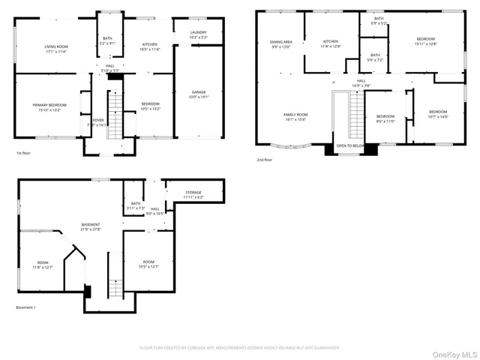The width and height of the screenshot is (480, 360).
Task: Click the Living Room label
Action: point(56,49)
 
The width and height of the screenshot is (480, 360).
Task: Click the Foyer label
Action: point(98,121)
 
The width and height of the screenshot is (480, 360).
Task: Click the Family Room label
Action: point(295,117)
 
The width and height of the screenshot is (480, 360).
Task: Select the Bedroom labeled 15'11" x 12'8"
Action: point(425,41)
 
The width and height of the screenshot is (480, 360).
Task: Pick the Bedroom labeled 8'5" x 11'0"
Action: point(385,118)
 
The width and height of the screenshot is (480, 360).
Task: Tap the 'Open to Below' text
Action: point(351,145)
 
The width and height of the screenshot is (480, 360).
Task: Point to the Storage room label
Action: point(193,195)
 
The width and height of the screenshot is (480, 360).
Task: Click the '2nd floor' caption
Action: point(265,160)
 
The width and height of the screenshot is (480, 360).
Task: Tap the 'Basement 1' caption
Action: point(25,307)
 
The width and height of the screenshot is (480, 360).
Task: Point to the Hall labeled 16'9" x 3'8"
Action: point(361,82)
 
